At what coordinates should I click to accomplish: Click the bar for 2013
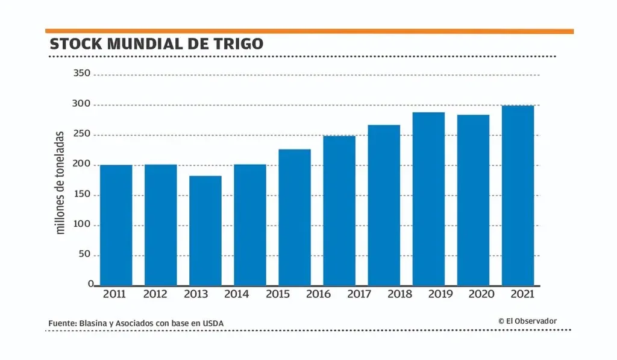click(205, 230)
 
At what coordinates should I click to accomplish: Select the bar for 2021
click(518, 195)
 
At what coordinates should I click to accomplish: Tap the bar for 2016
click(339, 210)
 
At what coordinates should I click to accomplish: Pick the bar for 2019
click(428, 198)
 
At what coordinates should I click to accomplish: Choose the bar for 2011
click(116, 225)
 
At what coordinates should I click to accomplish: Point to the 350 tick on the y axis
click(81, 74)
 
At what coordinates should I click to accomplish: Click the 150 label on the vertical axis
click(81, 194)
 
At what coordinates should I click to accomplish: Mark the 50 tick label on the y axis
click(84, 254)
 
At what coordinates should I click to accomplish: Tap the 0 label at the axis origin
click(90, 283)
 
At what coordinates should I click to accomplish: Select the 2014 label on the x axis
click(236, 294)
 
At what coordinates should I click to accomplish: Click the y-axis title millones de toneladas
click(60, 182)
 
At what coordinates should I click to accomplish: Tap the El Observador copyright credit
click(527, 321)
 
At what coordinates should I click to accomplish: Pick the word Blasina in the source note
click(93, 324)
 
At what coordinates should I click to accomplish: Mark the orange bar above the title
click(309, 31)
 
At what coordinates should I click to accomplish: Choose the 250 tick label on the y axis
click(81, 134)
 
